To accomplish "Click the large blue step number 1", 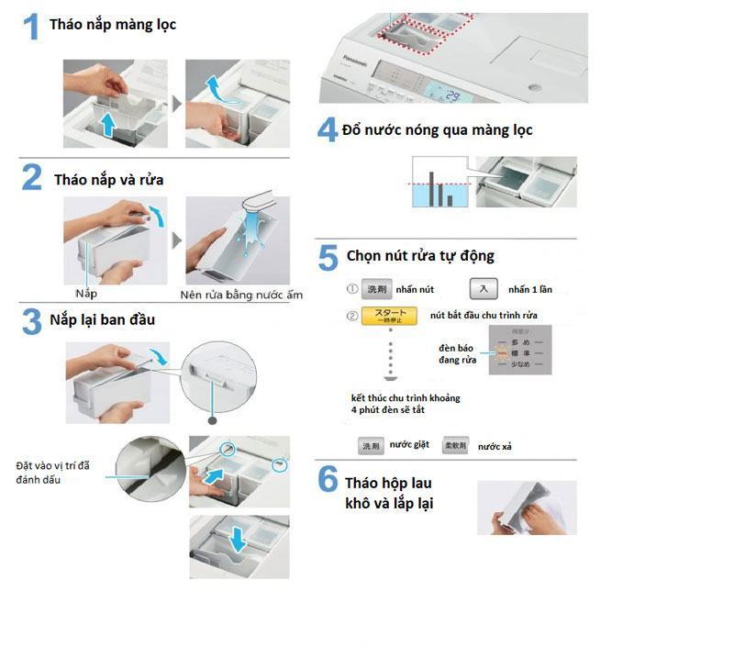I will coord(31,28).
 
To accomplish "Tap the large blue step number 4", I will coord(328,129).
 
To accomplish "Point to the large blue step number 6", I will coord(328,479).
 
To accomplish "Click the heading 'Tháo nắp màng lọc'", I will coord(113,25).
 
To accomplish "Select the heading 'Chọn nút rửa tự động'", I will coord(421,255).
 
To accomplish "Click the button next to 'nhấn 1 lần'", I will coord(484,289).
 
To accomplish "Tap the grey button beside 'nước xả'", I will coord(457,445).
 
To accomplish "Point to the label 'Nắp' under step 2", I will coord(87,294).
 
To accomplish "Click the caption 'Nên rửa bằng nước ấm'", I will coord(241,295).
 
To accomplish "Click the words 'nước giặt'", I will coord(409,445).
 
